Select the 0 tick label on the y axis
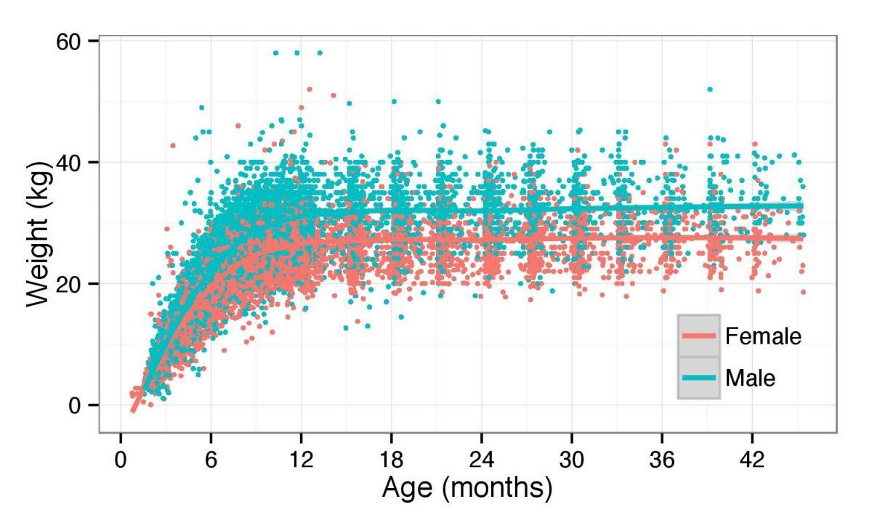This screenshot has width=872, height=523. pos(74,405)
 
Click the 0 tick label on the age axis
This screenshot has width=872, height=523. pos(121,461)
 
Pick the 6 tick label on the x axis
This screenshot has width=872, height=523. pos(211,461)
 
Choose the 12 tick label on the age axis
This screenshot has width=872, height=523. pos(301,461)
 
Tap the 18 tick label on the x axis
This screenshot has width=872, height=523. pos(391,461)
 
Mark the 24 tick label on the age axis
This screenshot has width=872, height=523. pos(482,461)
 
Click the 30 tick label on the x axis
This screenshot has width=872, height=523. pos(572,461)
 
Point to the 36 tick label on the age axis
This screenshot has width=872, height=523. pos(662,461)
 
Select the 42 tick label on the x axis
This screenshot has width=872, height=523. pos(752,461)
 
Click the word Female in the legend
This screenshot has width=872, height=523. pos(763,336)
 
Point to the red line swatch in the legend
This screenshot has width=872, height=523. pos(699,336)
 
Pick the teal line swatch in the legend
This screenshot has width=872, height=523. pos(699,378)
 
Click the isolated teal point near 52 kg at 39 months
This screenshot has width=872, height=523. pos(710,89)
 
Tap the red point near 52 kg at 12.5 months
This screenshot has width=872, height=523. pos(310,89)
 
